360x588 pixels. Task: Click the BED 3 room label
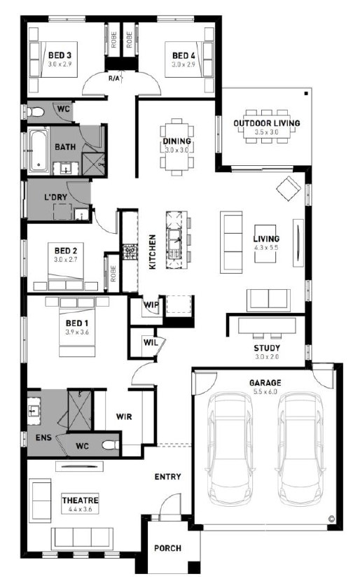coord(60,55)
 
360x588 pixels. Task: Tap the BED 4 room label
coord(184,55)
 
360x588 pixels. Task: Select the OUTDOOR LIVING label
coord(267,123)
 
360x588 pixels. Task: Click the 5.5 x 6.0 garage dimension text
coord(265,391)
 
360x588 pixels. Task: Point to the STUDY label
coord(267,348)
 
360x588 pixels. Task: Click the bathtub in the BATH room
coord(38,150)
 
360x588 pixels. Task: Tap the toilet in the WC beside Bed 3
coord(36,112)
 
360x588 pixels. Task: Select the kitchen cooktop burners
coord(130,252)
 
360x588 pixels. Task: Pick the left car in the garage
coord(229,449)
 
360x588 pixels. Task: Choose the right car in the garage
coord(300,449)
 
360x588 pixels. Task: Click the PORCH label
coord(167,548)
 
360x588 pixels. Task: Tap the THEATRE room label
coord(81,500)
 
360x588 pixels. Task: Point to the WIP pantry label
coord(151,304)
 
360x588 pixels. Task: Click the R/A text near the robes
coord(113,78)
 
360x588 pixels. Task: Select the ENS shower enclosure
coord(79,410)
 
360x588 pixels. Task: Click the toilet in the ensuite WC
coord(111,445)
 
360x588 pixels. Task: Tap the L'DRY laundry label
coord(55,197)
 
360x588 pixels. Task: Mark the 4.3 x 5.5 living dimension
coord(266,248)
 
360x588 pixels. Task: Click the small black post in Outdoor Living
coord(306,93)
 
